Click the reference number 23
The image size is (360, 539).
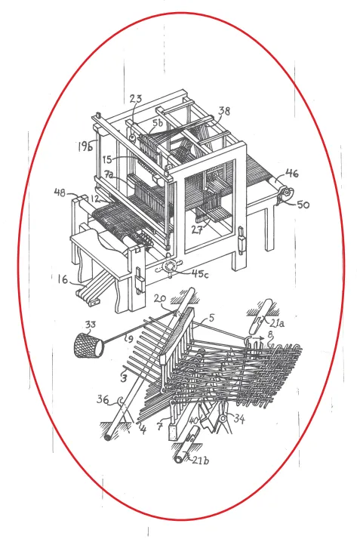click(136, 99)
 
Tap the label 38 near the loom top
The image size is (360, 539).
click(224, 111)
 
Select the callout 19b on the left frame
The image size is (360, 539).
click(85, 146)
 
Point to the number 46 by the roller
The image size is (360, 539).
click(291, 174)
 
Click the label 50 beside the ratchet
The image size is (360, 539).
click(303, 205)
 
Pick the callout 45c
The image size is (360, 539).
click(200, 273)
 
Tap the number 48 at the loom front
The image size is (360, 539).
click(60, 192)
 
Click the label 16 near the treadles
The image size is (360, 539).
click(63, 280)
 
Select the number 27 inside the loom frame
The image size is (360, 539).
click(198, 229)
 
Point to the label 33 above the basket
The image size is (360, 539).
click(91, 324)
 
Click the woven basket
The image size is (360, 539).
click(88, 345)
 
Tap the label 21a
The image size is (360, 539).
click(277, 323)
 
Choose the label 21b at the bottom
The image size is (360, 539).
click(200, 460)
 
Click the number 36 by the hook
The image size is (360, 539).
click(103, 399)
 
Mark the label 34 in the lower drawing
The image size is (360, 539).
click(239, 418)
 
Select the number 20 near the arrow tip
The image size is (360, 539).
click(160, 298)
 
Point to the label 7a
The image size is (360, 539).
click(109, 174)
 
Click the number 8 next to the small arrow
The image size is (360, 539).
click(270, 333)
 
